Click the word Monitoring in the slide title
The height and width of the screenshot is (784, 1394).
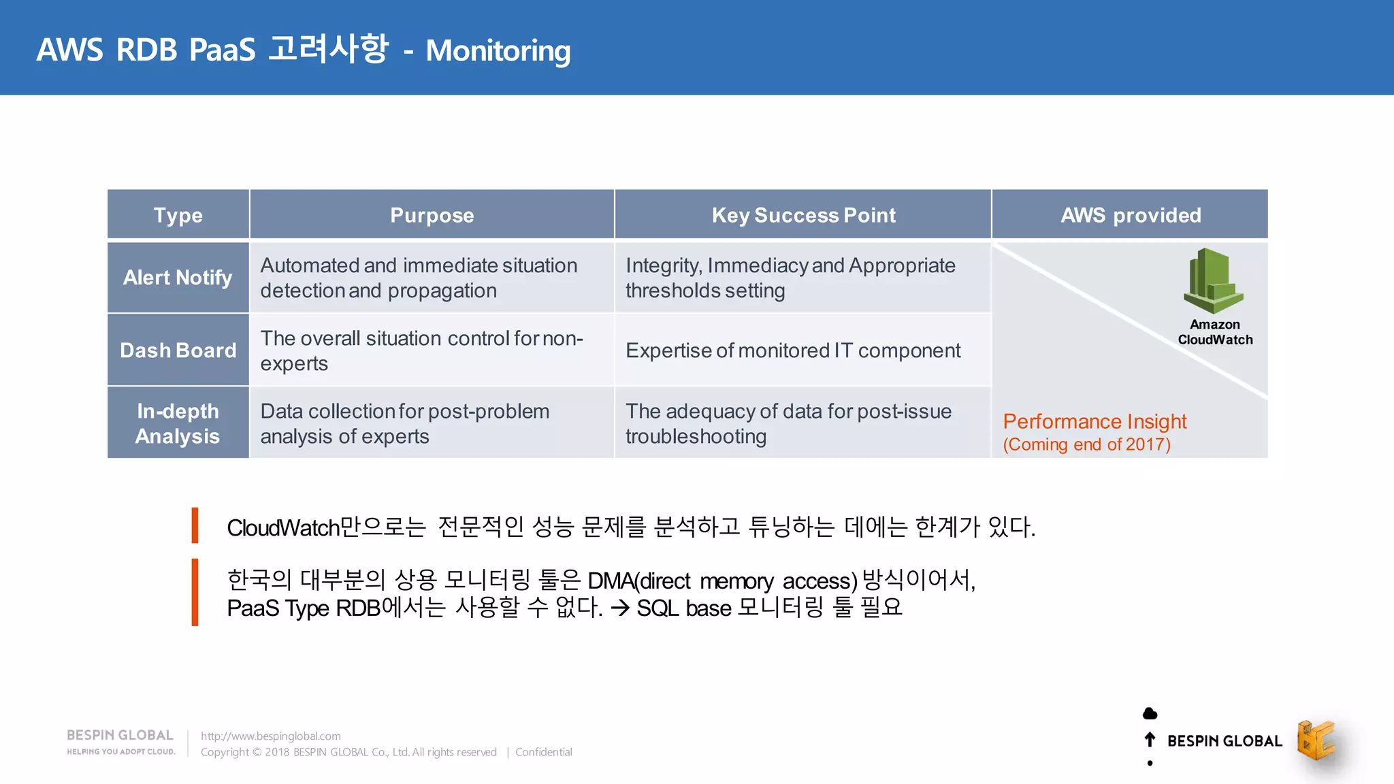tap(498, 51)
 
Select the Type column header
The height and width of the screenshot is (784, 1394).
tap(178, 215)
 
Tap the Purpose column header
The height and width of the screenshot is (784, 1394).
tap(432, 215)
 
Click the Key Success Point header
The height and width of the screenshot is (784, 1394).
tap(803, 215)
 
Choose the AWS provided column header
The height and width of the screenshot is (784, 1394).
tap(1131, 215)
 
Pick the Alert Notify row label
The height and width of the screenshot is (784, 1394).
tap(178, 278)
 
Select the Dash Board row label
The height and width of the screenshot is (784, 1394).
tap(178, 350)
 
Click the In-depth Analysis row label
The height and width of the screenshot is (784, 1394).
tap(178, 423)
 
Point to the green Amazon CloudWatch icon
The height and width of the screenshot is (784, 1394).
tap(1213, 280)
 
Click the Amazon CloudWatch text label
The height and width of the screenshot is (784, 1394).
tap(1215, 332)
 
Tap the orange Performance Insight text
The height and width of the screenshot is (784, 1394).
tap(1095, 421)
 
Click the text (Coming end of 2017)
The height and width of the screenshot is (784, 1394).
tap(1086, 444)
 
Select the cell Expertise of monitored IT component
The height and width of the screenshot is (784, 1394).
tap(793, 350)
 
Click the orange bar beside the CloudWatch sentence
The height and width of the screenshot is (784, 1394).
tap(195, 525)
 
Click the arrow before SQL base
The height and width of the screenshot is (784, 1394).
tap(619, 608)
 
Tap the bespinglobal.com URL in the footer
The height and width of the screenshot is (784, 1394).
tap(270, 736)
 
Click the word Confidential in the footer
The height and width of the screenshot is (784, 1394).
tap(543, 752)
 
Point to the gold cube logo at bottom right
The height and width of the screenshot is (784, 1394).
tap(1315, 740)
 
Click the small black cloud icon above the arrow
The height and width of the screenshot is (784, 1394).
tap(1150, 713)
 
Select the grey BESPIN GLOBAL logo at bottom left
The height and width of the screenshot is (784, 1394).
tap(120, 740)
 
